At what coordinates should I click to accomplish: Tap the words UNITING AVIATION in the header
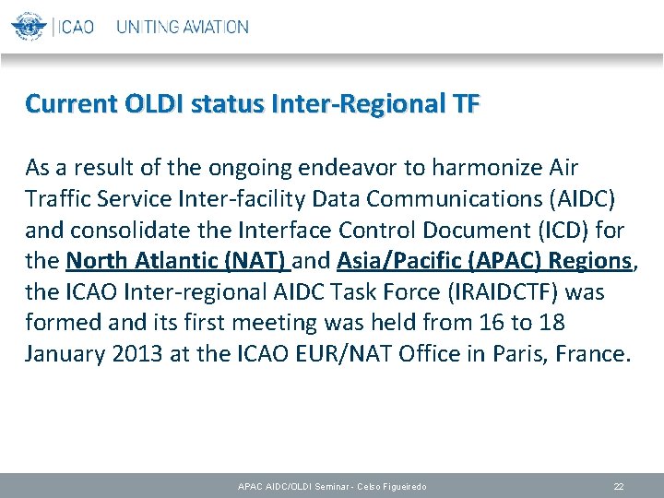pyautogui.click(x=183, y=27)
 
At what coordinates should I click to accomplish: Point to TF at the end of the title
pyautogui.click(x=466, y=104)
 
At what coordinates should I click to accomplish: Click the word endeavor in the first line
pyautogui.click(x=351, y=168)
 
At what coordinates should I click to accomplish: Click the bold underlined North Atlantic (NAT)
pyautogui.click(x=178, y=262)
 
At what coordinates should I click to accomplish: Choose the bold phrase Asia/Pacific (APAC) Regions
pyautogui.click(x=484, y=262)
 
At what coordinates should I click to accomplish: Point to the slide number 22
pyautogui.click(x=619, y=486)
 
